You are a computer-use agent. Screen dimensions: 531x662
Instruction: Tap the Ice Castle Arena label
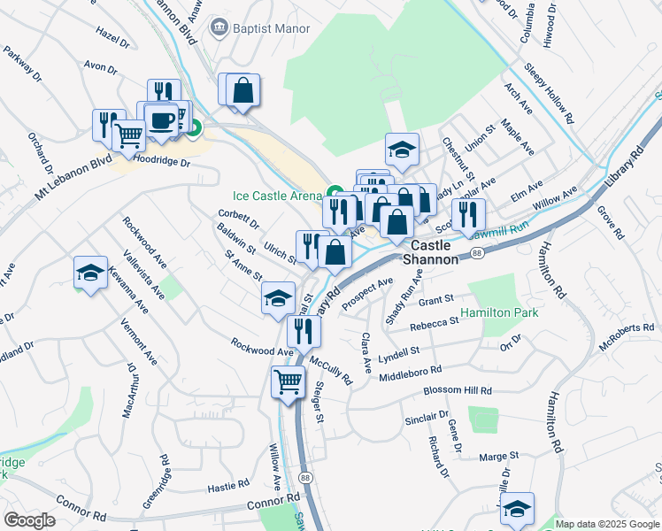point(277,195)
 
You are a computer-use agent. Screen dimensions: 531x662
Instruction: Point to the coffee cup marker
point(160,120)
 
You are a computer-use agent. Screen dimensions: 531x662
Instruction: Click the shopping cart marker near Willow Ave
point(288,383)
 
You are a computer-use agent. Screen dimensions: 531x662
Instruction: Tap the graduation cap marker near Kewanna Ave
point(90,273)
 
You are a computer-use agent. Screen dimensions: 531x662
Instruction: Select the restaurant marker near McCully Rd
point(304,332)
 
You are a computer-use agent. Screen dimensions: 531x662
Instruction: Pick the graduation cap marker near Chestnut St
point(402,149)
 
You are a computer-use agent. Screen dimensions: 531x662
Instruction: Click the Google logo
point(29,520)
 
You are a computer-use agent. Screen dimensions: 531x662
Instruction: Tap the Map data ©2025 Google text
point(606,524)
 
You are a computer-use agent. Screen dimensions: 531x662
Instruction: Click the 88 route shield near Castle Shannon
point(478,253)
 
